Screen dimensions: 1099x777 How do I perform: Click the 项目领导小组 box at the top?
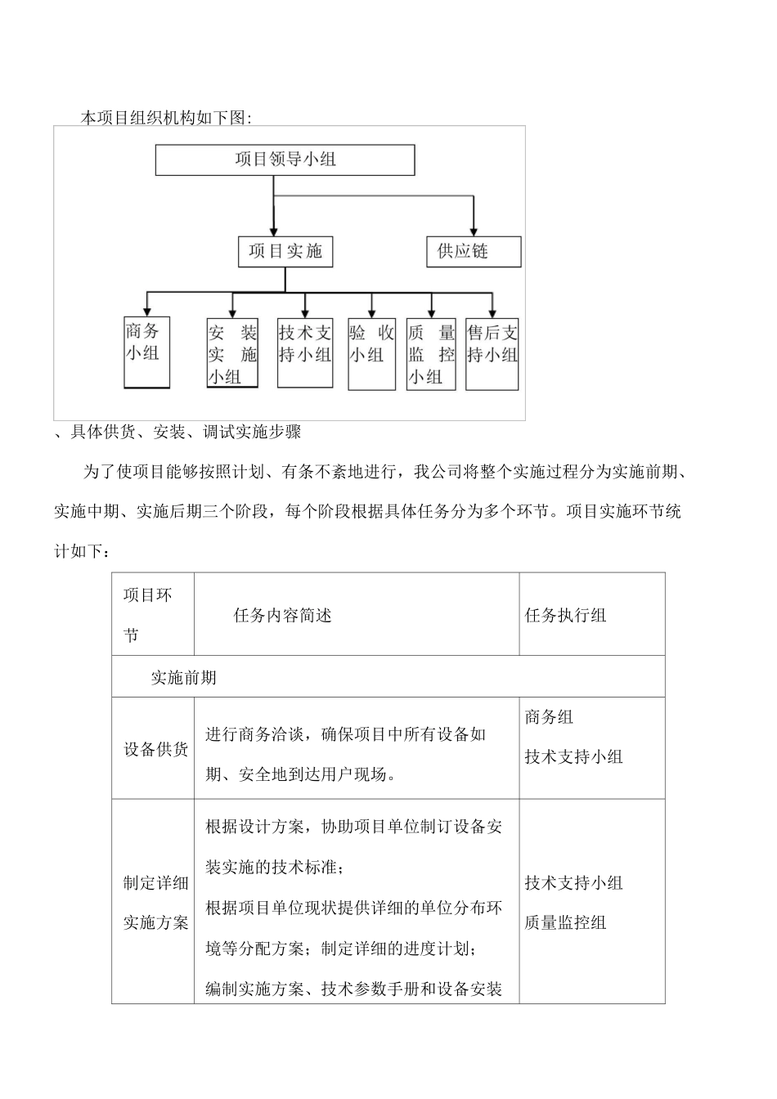tap(285, 160)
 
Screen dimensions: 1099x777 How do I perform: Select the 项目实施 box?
tap(285, 252)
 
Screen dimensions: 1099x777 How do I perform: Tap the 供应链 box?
tap(473, 252)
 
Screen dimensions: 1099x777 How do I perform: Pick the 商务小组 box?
tap(146, 352)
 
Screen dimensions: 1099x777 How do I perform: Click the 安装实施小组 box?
tap(232, 353)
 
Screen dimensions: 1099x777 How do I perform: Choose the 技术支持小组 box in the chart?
tap(305, 352)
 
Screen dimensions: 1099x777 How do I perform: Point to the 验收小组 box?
tap(371, 353)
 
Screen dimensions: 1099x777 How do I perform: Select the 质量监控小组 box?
tap(431, 353)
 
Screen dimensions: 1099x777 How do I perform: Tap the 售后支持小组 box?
tap(492, 352)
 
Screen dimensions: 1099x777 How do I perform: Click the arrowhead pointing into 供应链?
tap(474, 231)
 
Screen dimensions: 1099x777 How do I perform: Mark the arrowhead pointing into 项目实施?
tap(274, 231)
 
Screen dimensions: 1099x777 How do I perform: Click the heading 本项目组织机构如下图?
tap(166, 118)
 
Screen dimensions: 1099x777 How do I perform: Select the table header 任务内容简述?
tap(282, 616)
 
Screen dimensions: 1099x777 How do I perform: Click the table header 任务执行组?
tap(565, 616)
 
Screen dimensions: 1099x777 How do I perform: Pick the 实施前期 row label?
tap(183, 677)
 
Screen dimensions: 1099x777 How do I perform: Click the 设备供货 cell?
tap(155, 749)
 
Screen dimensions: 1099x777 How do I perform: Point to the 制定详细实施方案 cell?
tap(155, 903)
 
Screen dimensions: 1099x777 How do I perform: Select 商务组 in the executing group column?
tap(549, 717)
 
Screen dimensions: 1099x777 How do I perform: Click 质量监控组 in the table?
tap(565, 922)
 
